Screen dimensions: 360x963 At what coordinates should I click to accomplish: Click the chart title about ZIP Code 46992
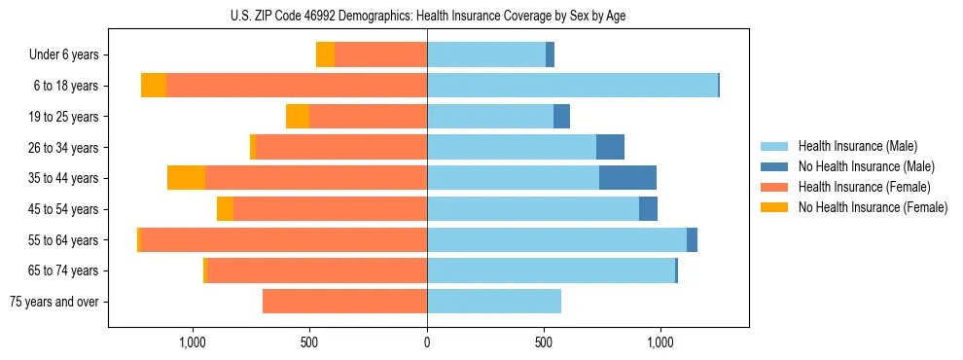[427, 15]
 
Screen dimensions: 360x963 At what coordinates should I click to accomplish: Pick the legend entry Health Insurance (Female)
[857, 187]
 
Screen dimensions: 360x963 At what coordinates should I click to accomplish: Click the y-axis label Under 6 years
[63, 55]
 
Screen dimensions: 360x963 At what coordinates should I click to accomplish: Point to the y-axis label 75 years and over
[54, 302]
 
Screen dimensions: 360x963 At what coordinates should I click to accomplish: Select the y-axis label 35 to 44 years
[65, 178]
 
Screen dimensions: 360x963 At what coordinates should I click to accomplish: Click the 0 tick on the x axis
[427, 342]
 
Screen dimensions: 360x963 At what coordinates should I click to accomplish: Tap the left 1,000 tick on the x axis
[193, 342]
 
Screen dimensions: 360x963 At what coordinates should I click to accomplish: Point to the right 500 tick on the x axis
[544, 342]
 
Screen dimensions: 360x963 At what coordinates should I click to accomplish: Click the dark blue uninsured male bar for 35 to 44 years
[627, 178]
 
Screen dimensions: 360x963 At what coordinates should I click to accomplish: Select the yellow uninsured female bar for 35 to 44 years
[186, 178]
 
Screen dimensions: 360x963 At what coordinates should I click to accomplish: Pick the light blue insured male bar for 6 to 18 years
[572, 86]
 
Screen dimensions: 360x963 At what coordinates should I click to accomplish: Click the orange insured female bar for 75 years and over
[344, 302]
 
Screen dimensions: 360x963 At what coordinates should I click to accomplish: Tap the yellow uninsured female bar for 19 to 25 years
[298, 117]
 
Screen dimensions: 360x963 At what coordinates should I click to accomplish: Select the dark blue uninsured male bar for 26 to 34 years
[610, 147]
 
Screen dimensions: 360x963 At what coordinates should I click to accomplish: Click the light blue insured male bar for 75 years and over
[494, 302]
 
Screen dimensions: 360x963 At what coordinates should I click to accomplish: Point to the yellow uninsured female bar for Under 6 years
[325, 55]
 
